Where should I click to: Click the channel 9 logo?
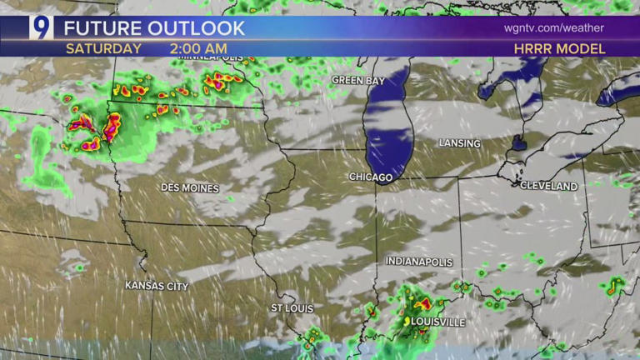click(x=41, y=27)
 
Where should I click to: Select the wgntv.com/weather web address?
click(x=553, y=27)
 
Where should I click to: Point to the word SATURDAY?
click(x=103, y=48)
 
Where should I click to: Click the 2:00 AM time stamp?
click(x=198, y=48)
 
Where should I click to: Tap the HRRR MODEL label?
click(x=560, y=49)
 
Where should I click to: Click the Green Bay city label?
click(x=358, y=80)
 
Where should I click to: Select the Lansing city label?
click(x=459, y=143)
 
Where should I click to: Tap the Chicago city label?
click(x=371, y=177)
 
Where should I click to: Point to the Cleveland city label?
click(x=548, y=186)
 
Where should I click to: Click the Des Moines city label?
click(x=190, y=187)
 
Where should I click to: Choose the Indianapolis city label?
click(x=419, y=262)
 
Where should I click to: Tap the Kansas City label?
click(x=157, y=286)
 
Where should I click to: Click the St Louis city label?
click(x=292, y=308)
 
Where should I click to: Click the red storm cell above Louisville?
click(x=422, y=304)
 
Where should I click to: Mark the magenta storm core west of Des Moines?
click(x=110, y=127)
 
